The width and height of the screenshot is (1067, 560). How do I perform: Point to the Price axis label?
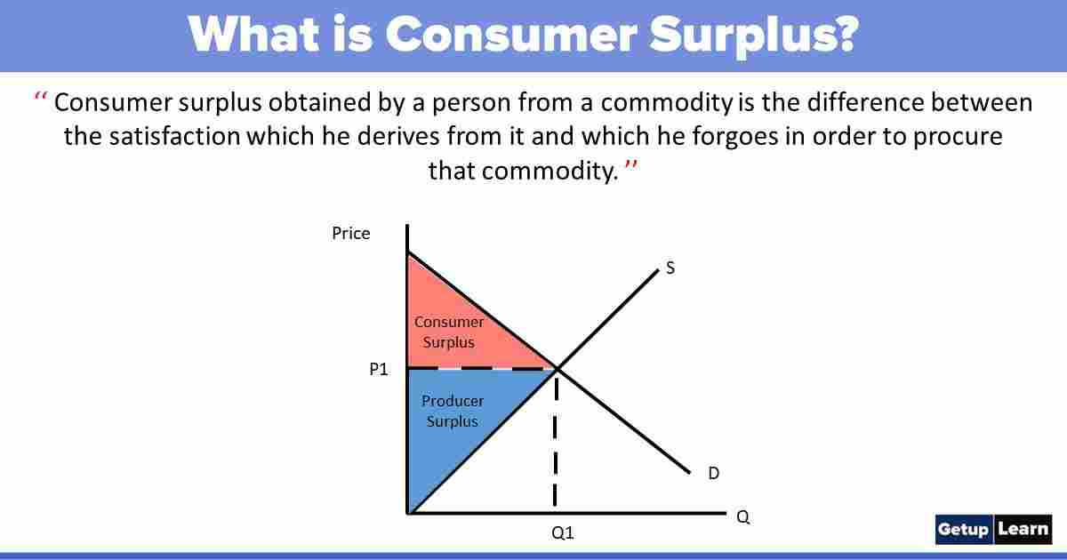(x=351, y=234)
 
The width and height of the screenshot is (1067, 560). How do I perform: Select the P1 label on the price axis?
(x=379, y=369)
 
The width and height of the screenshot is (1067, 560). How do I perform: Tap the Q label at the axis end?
(x=743, y=517)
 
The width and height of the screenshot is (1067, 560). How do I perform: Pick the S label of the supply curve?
(x=670, y=268)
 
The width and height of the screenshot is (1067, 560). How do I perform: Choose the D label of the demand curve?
(x=713, y=474)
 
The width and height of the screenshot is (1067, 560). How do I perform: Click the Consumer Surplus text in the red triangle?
(x=450, y=332)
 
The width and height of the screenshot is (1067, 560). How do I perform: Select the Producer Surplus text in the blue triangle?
(x=453, y=412)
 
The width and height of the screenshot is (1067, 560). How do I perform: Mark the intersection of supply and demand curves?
(x=557, y=368)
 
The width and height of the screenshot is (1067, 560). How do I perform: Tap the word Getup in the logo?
(x=963, y=530)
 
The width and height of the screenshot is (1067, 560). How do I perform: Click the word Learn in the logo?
(x=1023, y=530)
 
